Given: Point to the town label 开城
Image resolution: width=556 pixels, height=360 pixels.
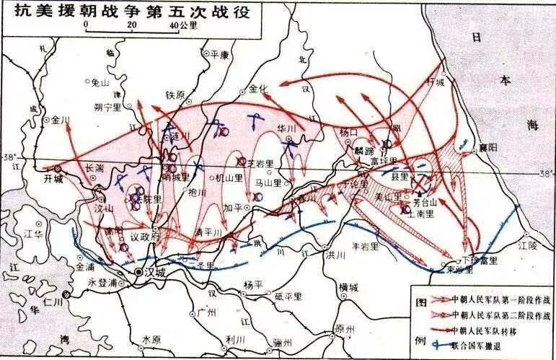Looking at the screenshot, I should [x=53, y=177].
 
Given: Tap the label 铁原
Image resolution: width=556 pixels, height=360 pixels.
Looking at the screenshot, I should [x=176, y=95].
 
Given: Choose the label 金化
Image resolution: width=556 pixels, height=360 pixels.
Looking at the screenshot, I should [x=257, y=89].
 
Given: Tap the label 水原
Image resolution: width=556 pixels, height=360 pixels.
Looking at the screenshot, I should [x=153, y=338].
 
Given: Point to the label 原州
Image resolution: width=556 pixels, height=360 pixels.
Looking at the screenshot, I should [x=346, y=329].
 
